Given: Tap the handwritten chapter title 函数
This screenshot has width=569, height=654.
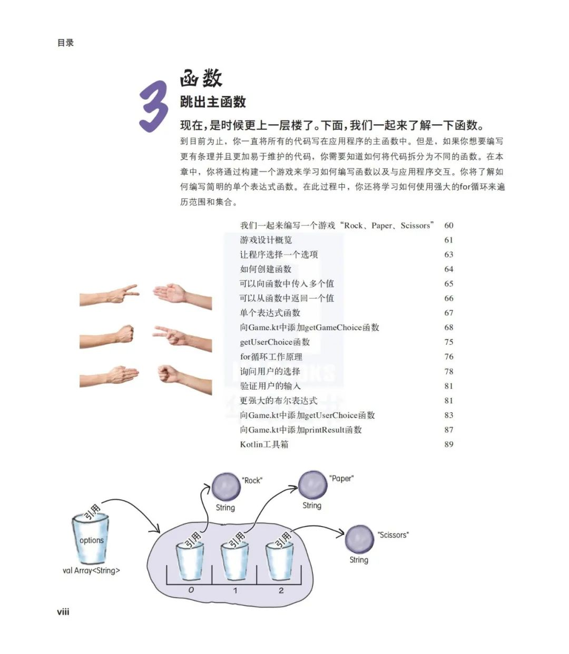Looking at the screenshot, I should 201,79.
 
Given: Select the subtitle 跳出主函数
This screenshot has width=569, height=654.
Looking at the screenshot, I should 213,102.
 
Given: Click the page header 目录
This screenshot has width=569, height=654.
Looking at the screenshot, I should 65,43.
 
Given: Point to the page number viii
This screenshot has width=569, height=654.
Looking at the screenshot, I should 63,611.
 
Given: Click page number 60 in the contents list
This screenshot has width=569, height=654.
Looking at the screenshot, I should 448,225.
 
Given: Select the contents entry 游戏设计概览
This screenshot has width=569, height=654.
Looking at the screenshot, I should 266,240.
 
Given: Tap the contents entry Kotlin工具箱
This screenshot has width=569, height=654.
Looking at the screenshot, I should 264,444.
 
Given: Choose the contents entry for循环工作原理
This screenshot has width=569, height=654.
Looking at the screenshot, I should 271,356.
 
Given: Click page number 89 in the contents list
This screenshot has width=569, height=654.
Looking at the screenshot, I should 448,444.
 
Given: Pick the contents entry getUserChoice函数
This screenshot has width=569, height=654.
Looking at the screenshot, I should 274,342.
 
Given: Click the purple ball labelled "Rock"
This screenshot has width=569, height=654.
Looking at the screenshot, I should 226,486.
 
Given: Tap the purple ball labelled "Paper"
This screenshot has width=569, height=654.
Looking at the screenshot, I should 313,484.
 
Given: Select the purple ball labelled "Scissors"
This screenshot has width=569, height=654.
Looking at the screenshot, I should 359,539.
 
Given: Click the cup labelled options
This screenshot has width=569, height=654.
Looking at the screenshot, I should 91,538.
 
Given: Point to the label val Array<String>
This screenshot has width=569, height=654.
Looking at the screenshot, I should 91,570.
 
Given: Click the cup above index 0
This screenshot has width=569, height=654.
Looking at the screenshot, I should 190,561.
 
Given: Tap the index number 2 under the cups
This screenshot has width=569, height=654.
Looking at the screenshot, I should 281,590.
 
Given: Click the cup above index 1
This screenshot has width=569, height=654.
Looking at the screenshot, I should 234,561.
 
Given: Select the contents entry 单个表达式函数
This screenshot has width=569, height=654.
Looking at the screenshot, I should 270,313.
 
